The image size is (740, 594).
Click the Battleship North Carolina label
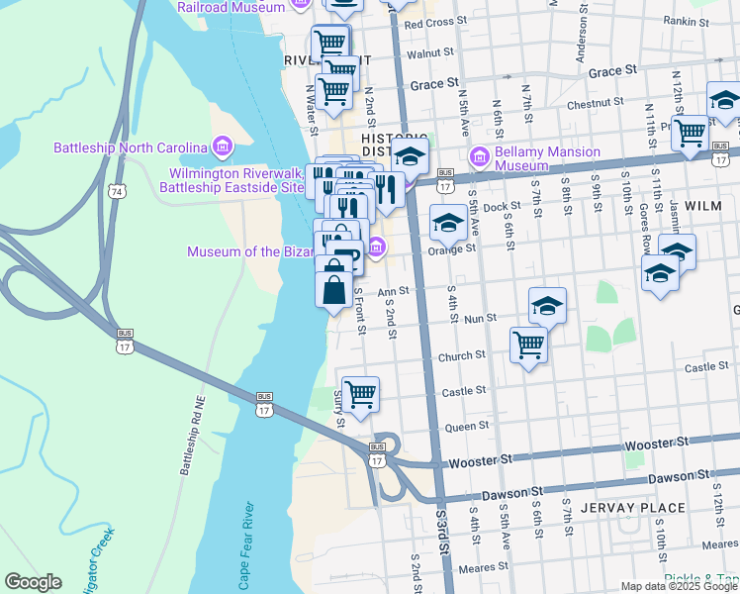pyautogui.click(x=130, y=148)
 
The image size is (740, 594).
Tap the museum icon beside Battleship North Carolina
pyautogui.click(x=222, y=148)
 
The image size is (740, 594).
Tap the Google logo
pyautogui.click(x=33, y=582)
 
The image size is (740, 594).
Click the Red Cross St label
pyautogui.click(x=434, y=23)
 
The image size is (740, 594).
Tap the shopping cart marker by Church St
pyautogui.click(x=529, y=346)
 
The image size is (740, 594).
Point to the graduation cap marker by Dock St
pyautogui.click(x=448, y=223)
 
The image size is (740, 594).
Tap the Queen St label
pyautogui.click(x=468, y=427)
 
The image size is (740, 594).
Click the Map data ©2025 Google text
pyautogui.click(x=680, y=586)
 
